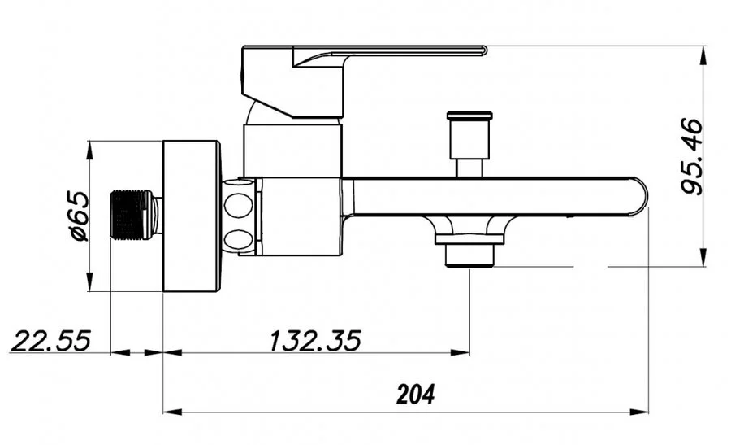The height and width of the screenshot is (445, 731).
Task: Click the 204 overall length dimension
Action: pos(415,395)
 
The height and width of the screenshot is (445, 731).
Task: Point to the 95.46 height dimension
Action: pos(691,157)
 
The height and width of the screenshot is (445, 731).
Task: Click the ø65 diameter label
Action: pos(79,216)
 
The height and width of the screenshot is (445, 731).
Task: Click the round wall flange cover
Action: pos(191,216)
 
